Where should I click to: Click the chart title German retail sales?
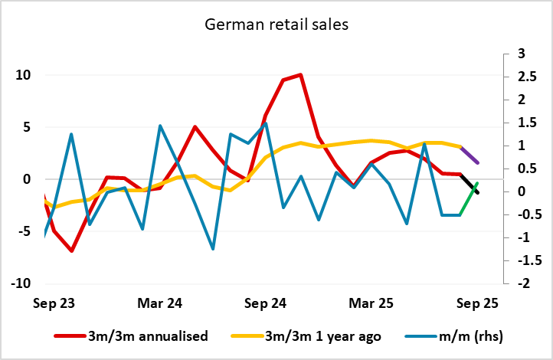point(276,25)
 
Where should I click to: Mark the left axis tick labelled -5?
point(23,231)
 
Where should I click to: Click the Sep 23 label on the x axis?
point(54,303)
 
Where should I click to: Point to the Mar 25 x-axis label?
point(372,303)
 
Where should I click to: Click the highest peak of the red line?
point(300,75)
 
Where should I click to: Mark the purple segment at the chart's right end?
point(469,154)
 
